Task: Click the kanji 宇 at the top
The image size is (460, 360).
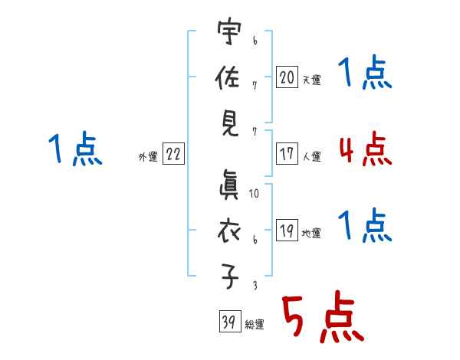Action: [229, 31]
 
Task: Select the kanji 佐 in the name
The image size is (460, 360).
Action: [228, 77]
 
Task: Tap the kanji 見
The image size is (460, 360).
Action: [230, 124]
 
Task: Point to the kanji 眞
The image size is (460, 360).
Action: [228, 185]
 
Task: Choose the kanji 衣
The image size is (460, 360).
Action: [228, 231]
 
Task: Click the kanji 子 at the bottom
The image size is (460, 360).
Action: [229, 277]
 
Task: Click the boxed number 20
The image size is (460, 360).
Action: [287, 77]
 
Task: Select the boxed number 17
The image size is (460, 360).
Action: [287, 153]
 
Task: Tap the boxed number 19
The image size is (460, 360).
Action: [287, 230]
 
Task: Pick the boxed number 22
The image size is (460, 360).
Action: [173, 153]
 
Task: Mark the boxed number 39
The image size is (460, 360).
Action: [230, 321]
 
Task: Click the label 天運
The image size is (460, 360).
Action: [312, 80]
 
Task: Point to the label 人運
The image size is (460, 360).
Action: [312, 156]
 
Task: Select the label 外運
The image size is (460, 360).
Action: [148, 156]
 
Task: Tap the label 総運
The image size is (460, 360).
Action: [255, 325]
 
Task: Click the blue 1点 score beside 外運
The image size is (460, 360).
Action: [75, 149]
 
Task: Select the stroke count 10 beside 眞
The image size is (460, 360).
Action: [254, 194]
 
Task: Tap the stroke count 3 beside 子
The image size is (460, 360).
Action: [255, 285]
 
